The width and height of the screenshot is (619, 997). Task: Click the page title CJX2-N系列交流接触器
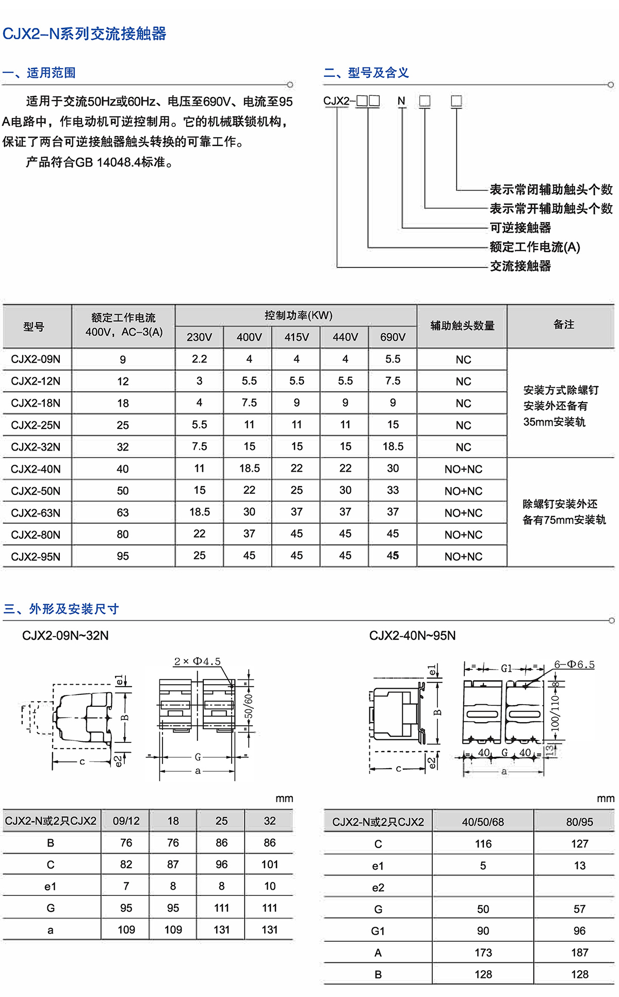click(84, 34)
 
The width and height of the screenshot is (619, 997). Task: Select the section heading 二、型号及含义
click(366, 73)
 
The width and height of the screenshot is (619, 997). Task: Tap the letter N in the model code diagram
click(401, 101)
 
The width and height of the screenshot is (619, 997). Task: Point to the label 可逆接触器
click(520, 227)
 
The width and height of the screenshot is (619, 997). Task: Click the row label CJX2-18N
click(36, 403)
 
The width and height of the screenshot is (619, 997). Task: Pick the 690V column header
click(393, 337)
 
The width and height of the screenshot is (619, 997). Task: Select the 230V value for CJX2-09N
click(199, 359)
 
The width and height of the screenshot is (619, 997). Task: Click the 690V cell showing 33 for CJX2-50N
click(393, 490)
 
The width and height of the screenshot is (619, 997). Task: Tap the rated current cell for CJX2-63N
click(123, 513)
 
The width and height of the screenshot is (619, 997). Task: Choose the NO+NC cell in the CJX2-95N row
click(463, 557)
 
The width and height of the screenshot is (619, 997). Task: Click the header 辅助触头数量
click(462, 326)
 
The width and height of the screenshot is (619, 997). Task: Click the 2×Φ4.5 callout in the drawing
click(197, 661)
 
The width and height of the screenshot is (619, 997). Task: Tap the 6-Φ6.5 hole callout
click(574, 664)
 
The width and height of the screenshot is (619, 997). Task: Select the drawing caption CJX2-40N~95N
click(412, 636)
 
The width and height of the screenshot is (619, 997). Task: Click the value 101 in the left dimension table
click(269, 865)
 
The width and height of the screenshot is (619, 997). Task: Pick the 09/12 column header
click(126, 821)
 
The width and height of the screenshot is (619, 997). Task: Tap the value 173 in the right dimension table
click(483, 953)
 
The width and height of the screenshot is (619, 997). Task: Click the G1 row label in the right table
click(378, 931)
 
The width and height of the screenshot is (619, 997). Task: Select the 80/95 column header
click(579, 822)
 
